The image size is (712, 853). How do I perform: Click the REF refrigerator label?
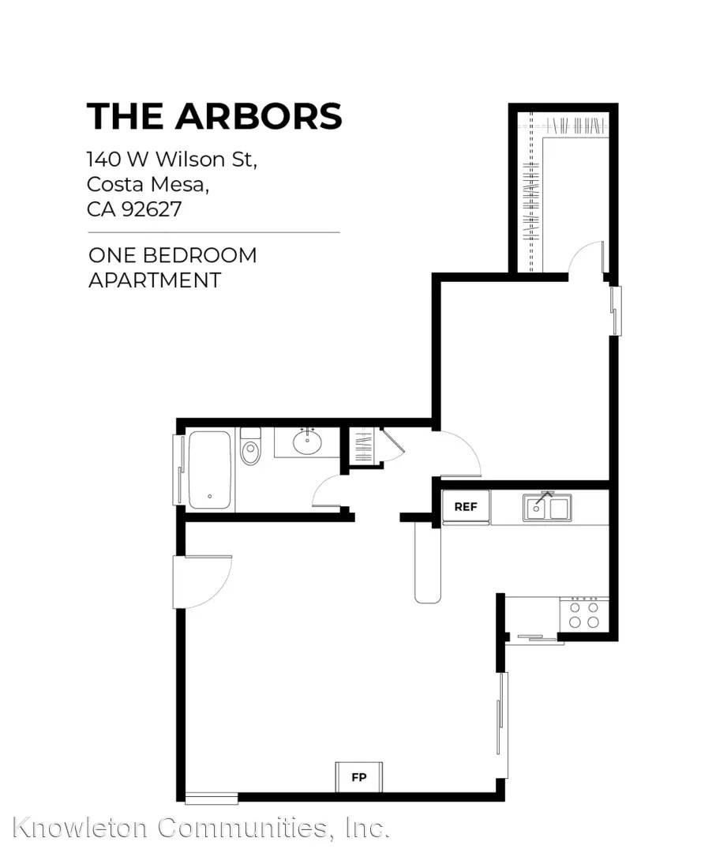[x=465, y=507]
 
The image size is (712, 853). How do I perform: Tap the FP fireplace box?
[x=358, y=777]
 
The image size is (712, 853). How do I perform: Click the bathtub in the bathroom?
[x=209, y=470]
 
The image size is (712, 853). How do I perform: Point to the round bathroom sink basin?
[x=307, y=442]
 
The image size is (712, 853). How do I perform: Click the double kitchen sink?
[x=547, y=508]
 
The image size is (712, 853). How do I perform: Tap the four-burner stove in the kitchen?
[x=584, y=614]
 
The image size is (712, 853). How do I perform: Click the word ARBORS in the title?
[x=258, y=116]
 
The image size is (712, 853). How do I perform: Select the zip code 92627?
[x=151, y=209]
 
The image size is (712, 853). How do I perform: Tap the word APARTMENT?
[x=155, y=280]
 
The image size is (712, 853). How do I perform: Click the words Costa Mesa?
[x=148, y=184]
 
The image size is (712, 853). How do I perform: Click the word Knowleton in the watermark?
[x=80, y=828]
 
